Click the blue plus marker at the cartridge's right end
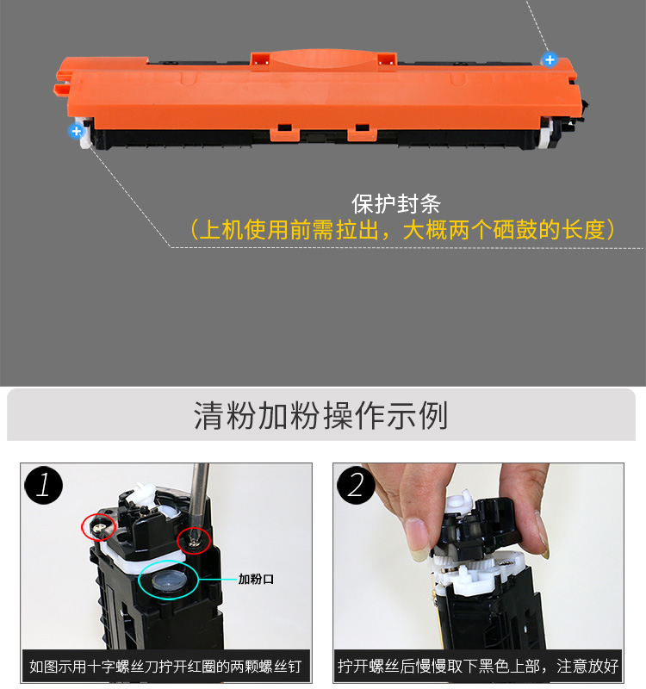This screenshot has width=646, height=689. [550, 59]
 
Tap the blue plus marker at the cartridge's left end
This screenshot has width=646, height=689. [76, 131]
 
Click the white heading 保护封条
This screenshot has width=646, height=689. [396, 204]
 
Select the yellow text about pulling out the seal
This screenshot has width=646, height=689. [401, 229]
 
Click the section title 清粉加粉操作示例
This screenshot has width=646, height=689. [321, 415]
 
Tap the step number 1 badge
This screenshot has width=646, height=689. [44, 486]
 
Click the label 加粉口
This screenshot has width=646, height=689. [256, 579]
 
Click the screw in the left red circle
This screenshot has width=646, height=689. [100, 526]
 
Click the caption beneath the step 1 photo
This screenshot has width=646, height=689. [165, 667]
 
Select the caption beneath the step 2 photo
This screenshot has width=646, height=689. [478, 666]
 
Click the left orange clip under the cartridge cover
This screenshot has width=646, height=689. [285, 132]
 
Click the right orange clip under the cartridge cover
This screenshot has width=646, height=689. [362, 132]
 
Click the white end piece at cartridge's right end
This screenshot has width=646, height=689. [546, 133]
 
